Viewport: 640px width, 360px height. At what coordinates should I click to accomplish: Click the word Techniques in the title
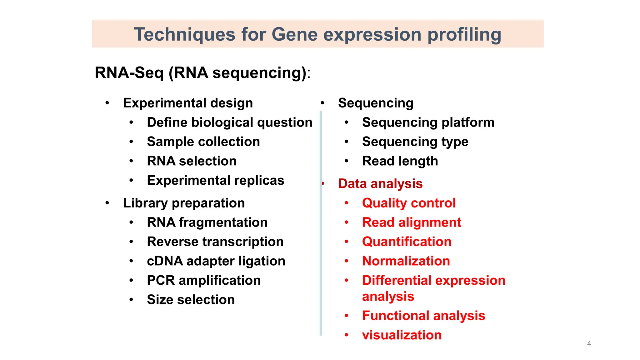(184, 34)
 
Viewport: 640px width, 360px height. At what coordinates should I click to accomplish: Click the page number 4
(589, 343)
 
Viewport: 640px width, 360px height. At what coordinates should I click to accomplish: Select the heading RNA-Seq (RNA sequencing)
(202, 73)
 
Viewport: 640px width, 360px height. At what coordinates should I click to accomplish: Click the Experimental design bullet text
(188, 103)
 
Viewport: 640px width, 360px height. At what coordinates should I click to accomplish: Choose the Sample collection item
(203, 142)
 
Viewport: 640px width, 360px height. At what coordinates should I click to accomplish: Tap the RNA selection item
(192, 161)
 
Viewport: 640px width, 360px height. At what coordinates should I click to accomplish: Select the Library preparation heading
(184, 203)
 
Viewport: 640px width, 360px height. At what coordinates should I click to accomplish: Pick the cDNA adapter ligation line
(216, 261)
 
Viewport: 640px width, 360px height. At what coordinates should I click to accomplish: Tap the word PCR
(161, 281)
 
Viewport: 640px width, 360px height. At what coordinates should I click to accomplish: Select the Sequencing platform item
(428, 122)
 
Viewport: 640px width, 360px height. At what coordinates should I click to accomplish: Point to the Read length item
(400, 161)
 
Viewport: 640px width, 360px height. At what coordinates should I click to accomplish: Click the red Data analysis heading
(380, 184)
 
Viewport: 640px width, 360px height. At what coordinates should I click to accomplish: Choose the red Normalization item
(406, 261)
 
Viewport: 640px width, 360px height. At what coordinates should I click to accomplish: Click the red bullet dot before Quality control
(346, 203)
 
